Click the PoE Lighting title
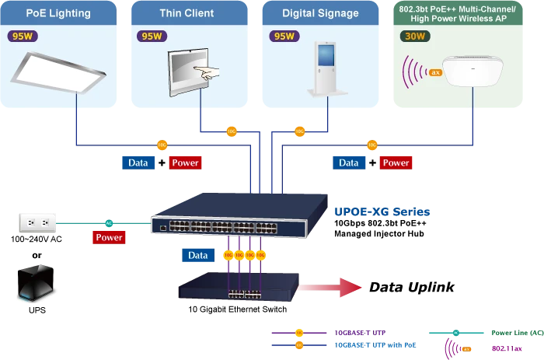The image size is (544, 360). [58, 13]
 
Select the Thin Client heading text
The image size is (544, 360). [187, 13]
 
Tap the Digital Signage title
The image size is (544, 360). [320, 13]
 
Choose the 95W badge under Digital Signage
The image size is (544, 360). [284, 37]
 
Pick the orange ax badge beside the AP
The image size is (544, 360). [435, 72]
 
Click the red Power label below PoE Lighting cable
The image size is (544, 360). [185, 163]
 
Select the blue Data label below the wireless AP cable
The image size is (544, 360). [348, 163]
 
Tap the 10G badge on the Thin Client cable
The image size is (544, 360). [231, 131]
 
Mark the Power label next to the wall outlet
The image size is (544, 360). [109, 237]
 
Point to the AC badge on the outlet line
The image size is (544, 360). [109, 223]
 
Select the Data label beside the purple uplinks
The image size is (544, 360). [198, 255]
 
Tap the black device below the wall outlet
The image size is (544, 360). [35, 281]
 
